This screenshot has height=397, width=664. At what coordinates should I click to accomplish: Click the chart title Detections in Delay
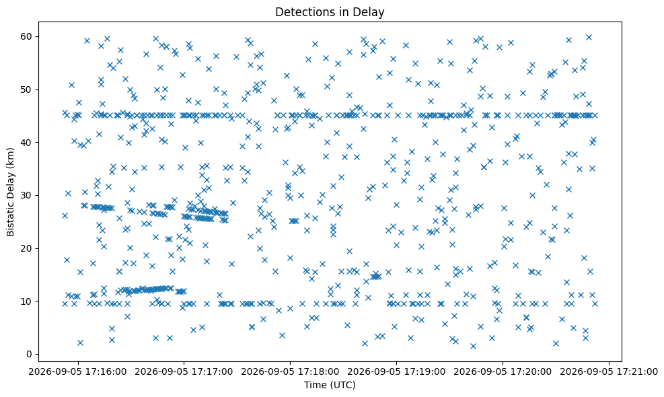[x=330, y=12]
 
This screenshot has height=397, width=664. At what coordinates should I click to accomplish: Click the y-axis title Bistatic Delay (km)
[x=10, y=192]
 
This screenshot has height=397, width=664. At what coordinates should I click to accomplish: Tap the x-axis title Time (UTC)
[x=330, y=385]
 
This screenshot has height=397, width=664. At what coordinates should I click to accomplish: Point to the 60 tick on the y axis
[x=27, y=36]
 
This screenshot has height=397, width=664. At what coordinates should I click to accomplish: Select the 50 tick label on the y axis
[x=27, y=89]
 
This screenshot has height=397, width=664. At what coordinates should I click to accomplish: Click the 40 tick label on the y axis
[x=27, y=143]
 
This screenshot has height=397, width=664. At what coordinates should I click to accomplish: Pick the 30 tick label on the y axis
[x=27, y=195]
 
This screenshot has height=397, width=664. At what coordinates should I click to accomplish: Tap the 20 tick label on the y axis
[x=27, y=248]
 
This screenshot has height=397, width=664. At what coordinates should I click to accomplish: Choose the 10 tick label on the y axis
[x=27, y=301]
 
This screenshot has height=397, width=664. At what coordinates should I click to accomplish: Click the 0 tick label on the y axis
[x=30, y=354]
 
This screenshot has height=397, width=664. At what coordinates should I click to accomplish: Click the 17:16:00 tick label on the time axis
[x=77, y=372]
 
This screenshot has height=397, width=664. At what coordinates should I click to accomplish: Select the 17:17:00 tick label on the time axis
[x=184, y=372]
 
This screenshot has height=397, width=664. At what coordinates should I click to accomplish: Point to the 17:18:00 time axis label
[x=290, y=372]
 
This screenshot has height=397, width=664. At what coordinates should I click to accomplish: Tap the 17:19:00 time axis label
[x=396, y=372]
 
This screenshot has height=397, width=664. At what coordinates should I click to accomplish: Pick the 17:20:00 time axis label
[x=503, y=372]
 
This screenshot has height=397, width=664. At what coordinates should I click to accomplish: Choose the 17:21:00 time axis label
[x=609, y=372]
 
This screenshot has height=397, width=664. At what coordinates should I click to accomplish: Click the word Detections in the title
[x=302, y=12]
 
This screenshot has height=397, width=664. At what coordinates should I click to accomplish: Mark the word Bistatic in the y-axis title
[x=10, y=219]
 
